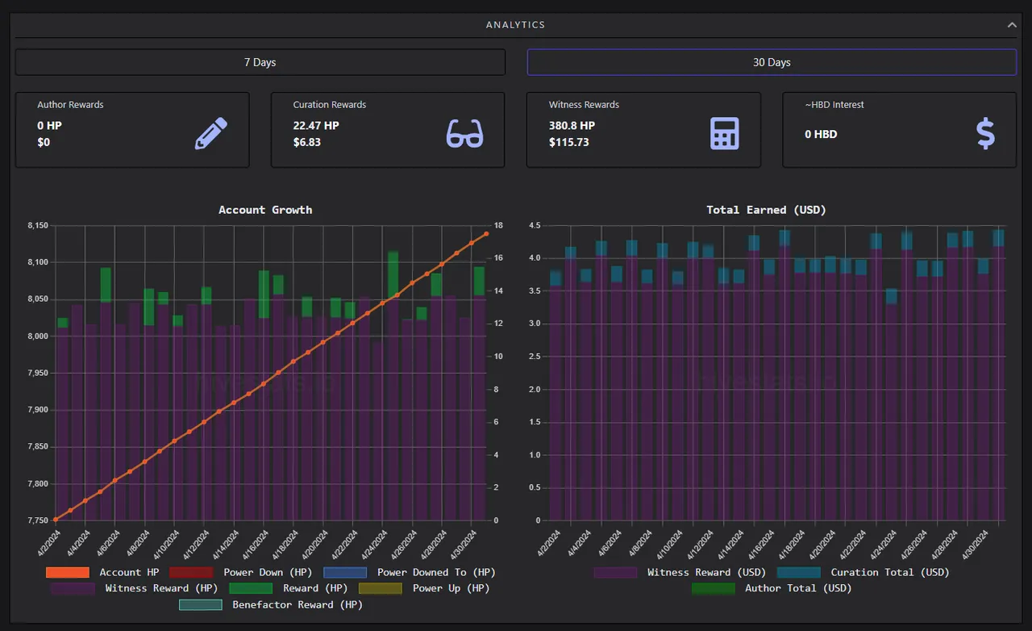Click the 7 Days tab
260,62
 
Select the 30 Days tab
772,62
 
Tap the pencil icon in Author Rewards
211,133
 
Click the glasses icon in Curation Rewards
465,134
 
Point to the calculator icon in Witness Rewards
725,133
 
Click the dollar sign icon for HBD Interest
985,133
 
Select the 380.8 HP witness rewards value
572,125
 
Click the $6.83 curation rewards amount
307,142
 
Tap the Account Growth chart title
265,210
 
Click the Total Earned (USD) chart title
766,210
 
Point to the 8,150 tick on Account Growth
38,226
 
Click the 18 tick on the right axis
498,226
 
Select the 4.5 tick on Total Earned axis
535,226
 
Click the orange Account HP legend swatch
68,572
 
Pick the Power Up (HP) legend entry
424,588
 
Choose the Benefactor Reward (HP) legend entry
271,604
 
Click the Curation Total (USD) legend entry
863,572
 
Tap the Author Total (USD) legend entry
772,588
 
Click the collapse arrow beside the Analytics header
1012,25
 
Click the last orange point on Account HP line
486,234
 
